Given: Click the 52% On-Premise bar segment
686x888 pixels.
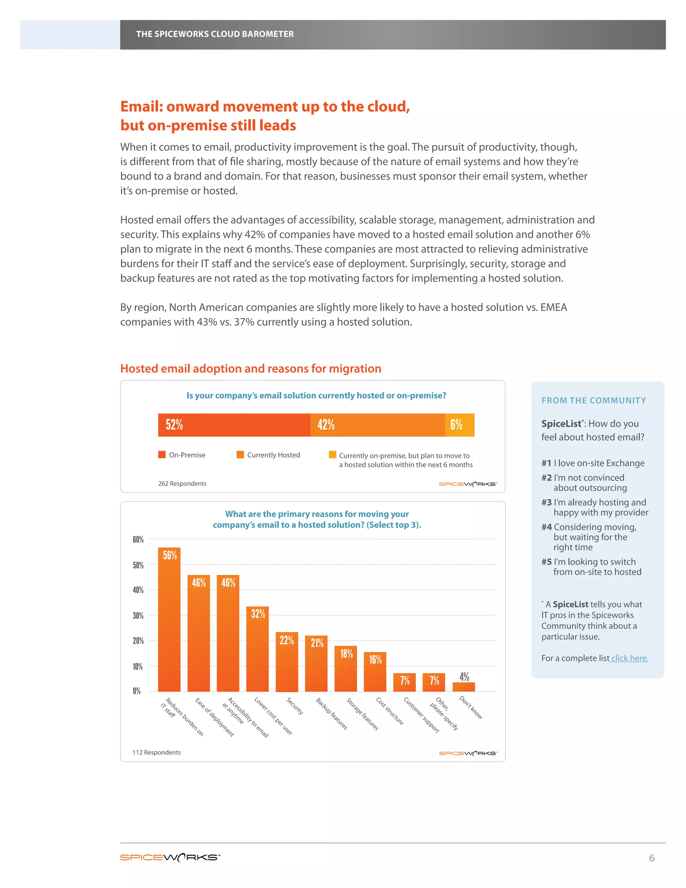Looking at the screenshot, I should pyautogui.click(x=234, y=425).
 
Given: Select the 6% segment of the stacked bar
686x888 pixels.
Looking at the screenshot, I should pyautogui.click(x=460, y=425).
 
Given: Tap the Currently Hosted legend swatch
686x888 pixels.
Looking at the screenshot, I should pyautogui.click(x=240, y=455).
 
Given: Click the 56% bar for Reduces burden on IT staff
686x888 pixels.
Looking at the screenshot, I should pyautogui.click(x=169, y=622).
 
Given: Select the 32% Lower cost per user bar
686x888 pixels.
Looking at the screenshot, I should pyautogui.click(x=257, y=650).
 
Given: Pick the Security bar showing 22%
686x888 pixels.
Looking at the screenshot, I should pyautogui.click(x=286, y=663).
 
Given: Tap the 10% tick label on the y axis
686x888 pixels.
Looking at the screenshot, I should pyautogui.click(x=138, y=667).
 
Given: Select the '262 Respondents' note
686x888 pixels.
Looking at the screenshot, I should pyautogui.click(x=182, y=484).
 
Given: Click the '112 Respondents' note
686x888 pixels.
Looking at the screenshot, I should pyautogui.click(x=156, y=752).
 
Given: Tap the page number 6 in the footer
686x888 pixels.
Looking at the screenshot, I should pyautogui.click(x=651, y=858).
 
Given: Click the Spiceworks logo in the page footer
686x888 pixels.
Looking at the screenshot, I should pyautogui.click(x=170, y=858).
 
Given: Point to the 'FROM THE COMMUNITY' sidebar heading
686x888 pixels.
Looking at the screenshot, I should pyautogui.click(x=593, y=400).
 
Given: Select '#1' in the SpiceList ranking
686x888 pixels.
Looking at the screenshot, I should pyautogui.click(x=546, y=463).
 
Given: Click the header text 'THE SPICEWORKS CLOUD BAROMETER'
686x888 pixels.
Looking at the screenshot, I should pyautogui.click(x=215, y=34).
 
